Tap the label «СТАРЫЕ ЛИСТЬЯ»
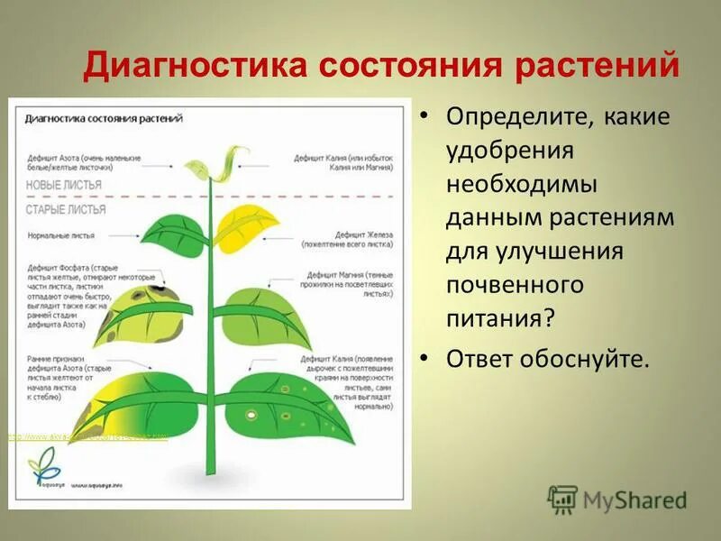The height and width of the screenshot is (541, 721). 65,209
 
